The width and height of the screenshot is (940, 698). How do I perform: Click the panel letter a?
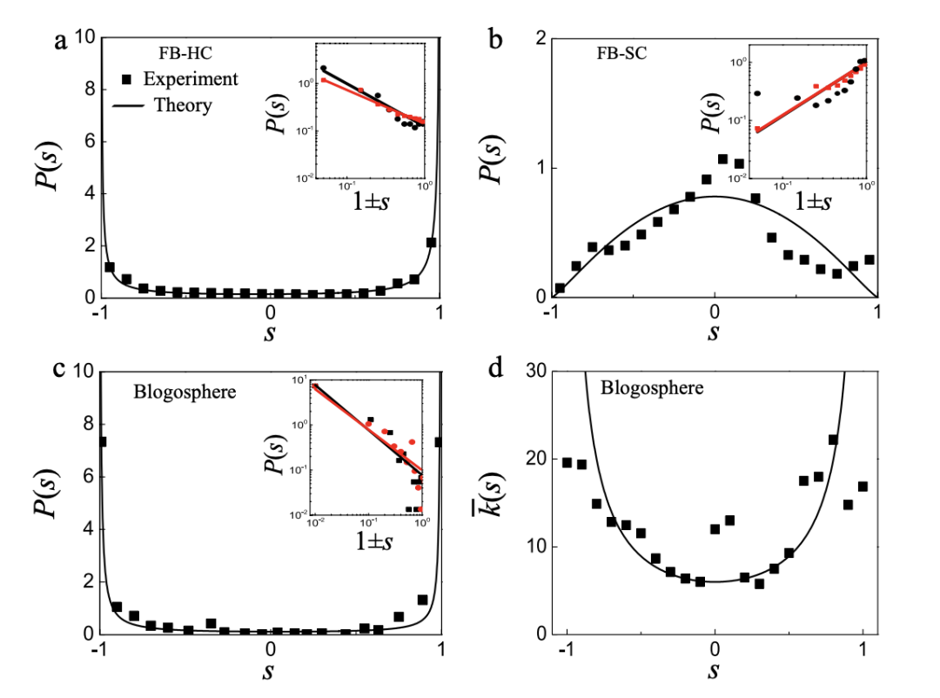pyautogui.click(x=61, y=43)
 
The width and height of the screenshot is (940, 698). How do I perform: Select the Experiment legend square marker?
pyautogui.click(x=126, y=79)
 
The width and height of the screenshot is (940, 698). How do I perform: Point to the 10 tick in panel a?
pyautogui.click(x=84, y=38)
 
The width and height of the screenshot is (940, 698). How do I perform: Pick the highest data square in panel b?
pyautogui.click(x=722, y=159)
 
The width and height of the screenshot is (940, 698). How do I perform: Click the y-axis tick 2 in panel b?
pyautogui.click(x=539, y=39)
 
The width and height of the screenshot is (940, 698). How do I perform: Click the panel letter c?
pyautogui.click(x=61, y=369)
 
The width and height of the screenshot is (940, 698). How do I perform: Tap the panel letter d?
pyautogui.click(x=495, y=370)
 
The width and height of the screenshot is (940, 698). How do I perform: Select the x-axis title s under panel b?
pyautogui.click(x=715, y=332)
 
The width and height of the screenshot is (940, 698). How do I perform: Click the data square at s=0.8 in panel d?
pyautogui.click(x=833, y=440)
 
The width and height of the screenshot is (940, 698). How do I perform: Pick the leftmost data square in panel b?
pyautogui.click(x=560, y=288)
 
